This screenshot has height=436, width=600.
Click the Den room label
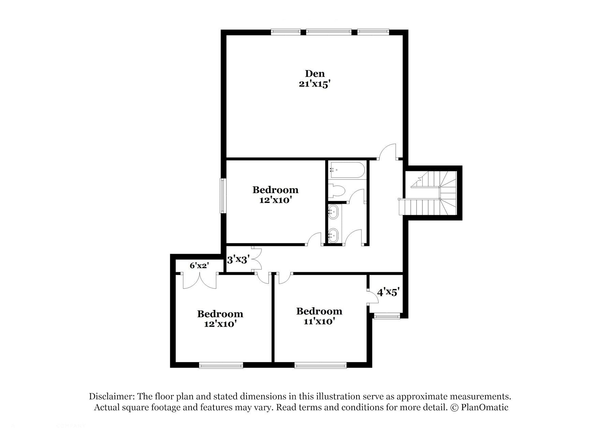(x=315, y=73)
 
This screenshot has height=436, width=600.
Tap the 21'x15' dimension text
(x=315, y=84)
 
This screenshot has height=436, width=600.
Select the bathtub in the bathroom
(x=347, y=170)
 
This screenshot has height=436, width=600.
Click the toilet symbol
(x=337, y=191)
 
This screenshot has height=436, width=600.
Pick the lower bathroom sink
(x=333, y=234)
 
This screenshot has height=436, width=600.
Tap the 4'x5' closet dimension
(x=388, y=292)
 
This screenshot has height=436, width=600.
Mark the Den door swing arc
(x=388, y=151)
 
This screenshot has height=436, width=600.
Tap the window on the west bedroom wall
(x=223, y=196)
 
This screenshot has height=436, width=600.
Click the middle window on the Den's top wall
(x=328, y=32)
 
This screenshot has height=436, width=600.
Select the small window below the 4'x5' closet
(x=387, y=316)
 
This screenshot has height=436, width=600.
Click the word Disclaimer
(x=112, y=396)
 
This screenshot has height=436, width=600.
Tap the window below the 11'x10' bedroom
(x=320, y=366)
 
